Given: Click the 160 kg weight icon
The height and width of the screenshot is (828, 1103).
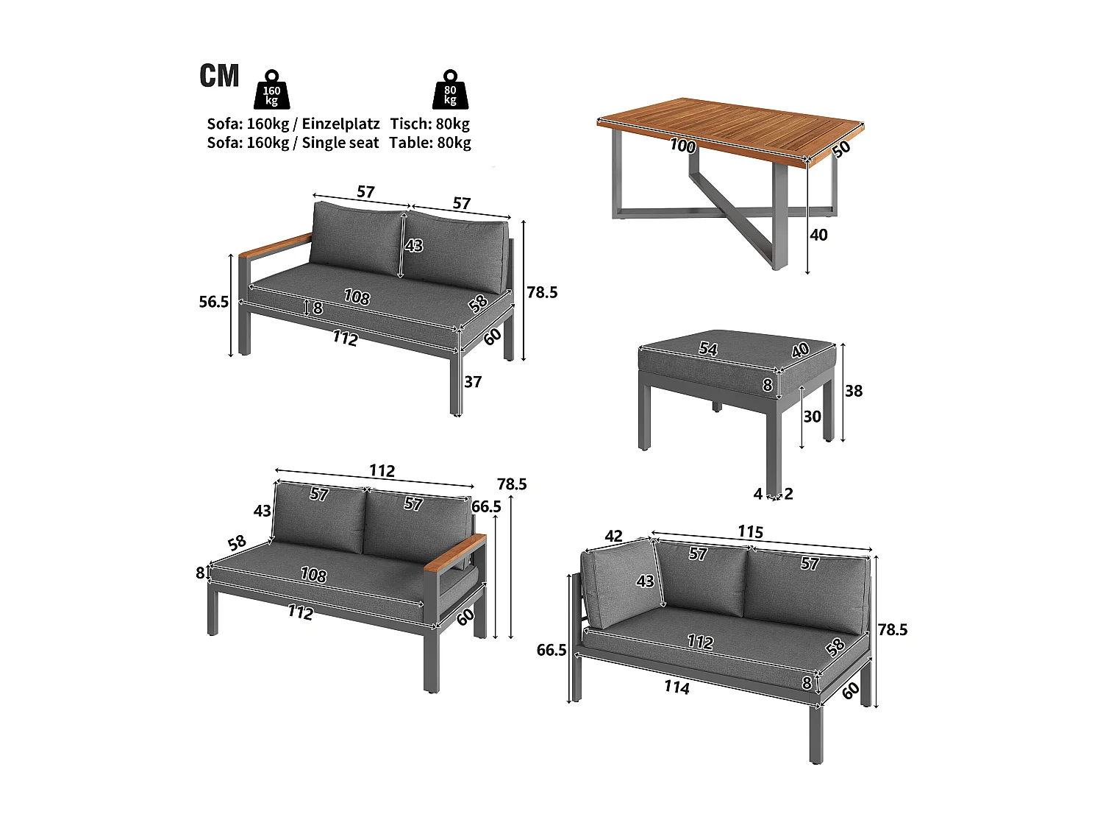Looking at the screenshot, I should (x=271, y=91).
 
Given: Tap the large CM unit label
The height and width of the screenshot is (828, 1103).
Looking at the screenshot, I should (x=219, y=76).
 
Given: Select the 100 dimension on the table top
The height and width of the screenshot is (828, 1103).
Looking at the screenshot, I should (x=682, y=146).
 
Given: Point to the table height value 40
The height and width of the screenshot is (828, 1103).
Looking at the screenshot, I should (x=818, y=235).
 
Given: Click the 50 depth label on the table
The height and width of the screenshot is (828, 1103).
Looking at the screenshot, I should (x=841, y=148).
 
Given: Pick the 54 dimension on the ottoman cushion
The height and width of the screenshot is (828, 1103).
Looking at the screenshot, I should (x=707, y=349).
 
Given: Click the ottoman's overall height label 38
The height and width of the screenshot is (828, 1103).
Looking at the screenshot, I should (x=853, y=391).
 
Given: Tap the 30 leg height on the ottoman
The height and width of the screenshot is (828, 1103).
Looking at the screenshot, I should (x=812, y=417).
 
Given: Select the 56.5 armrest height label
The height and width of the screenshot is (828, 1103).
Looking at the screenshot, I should (x=214, y=302).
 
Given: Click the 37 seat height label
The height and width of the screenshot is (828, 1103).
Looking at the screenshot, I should (x=473, y=382).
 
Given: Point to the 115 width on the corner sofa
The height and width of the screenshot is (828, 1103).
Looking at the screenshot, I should (x=750, y=532).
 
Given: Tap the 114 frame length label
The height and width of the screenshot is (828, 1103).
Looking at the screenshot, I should (x=677, y=687).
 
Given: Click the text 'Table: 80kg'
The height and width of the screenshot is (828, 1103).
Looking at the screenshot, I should (x=430, y=143).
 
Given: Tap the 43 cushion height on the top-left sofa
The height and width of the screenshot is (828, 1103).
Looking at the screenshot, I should (x=414, y=245).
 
